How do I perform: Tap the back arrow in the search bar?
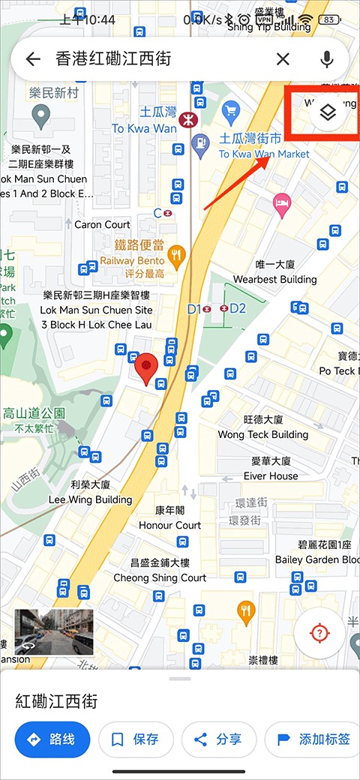(32, 59)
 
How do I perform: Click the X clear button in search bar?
(283, 59)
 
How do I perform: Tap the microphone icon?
(326, 59)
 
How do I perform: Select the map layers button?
(327, 112)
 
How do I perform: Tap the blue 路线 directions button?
(52, 739)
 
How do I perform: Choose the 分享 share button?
(220, 739)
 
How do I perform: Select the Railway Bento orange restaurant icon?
(176, 257)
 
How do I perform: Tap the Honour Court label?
(169, 525)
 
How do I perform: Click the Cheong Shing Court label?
(159, 577)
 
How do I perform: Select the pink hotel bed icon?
(282, 202)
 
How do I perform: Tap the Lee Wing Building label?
(90, 499)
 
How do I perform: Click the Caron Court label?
(102, 224)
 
